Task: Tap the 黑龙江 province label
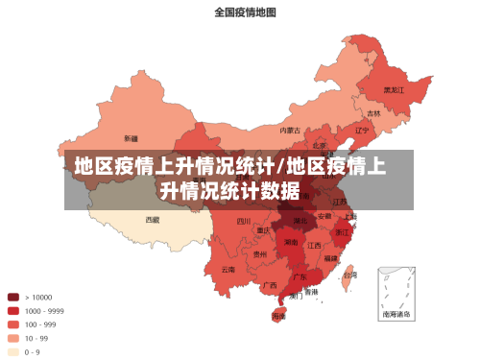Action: [394, 89]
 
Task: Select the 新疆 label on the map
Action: [131, 138]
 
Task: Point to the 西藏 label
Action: [153, 219]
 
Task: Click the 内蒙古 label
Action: [290, 130]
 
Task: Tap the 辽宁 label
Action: [362, 130]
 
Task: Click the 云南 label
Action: [228, 270]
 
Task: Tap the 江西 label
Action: [314, 245]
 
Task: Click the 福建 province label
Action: [330, 258]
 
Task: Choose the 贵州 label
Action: [260, 254]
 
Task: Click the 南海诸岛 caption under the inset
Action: [396, 314]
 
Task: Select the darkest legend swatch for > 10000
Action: [13, 297]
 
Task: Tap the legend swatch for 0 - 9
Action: [13, 351]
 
